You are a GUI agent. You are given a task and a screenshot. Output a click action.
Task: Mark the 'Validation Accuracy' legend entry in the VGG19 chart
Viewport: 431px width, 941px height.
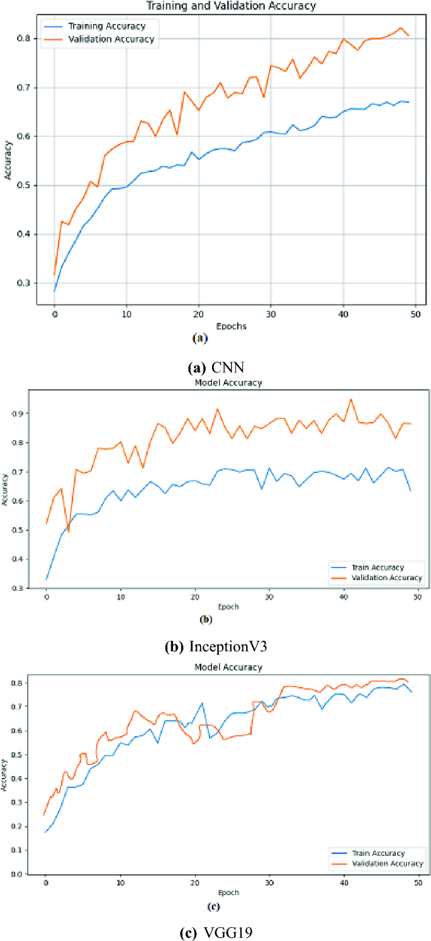point(386,864)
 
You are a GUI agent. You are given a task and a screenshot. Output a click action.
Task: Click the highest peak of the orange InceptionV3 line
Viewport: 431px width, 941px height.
point(351,399)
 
